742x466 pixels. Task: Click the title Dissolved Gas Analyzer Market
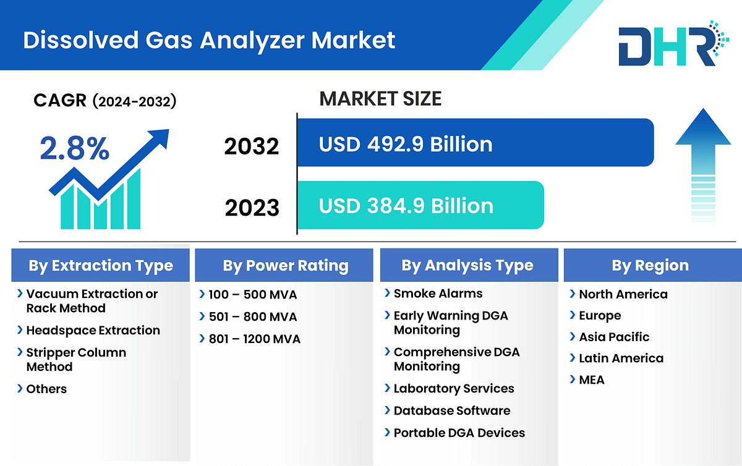209,40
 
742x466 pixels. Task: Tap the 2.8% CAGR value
74,149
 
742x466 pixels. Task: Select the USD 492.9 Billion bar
475,143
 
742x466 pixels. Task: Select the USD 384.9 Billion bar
420,205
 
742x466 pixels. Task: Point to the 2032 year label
252,146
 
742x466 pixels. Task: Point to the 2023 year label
252,208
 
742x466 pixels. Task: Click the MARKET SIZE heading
380,98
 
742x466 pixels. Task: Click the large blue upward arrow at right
702,164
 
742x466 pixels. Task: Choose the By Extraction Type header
100,266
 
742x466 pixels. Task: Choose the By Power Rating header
285,266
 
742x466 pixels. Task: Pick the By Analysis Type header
467,266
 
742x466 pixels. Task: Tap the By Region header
650,266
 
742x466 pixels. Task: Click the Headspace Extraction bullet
93,331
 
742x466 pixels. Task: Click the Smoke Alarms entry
438,294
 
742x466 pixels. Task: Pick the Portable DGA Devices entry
459,433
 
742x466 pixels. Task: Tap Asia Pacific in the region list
613,337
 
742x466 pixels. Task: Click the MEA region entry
591,379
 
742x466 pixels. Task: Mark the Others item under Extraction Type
46,389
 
